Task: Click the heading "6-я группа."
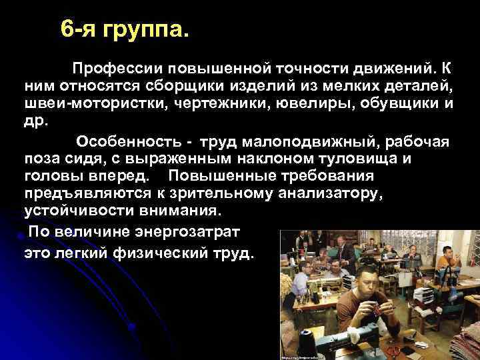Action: pyautogui.click(x=124, y=30)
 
